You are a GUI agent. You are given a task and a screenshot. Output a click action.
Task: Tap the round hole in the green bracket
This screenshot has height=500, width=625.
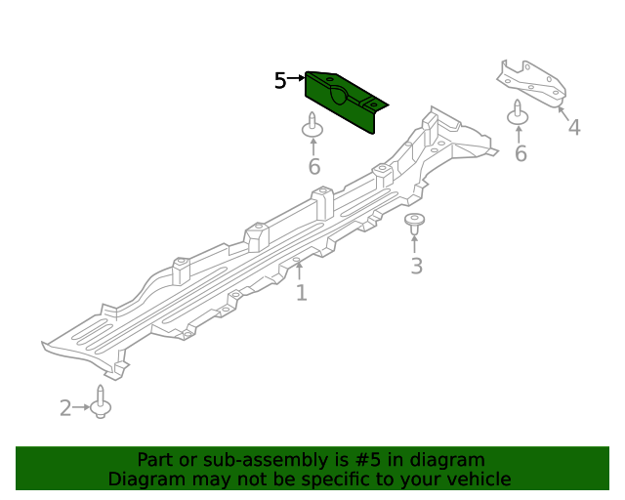(x=339, y=95)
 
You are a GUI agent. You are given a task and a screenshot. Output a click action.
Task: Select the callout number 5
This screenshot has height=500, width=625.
(x=280, y=80)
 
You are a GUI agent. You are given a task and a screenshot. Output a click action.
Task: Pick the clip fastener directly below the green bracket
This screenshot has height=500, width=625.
(x=312, y=126)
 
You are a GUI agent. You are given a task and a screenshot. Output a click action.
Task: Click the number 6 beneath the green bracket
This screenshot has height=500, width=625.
(x=313, y=167)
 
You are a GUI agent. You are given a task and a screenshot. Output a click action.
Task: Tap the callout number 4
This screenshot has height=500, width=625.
(x=573, y=127)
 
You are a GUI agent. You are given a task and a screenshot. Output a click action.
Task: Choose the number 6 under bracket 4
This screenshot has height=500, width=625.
(x=521, y=153)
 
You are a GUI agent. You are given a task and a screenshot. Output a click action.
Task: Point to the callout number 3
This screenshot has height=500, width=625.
(x=416, y=266)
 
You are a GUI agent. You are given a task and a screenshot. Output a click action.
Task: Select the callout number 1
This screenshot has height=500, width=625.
(x=301, y=292)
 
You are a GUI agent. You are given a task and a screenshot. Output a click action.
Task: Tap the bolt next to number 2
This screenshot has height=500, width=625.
(x=101, y=404)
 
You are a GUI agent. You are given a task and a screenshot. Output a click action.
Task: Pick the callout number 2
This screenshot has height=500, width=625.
(x=65, y=408)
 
